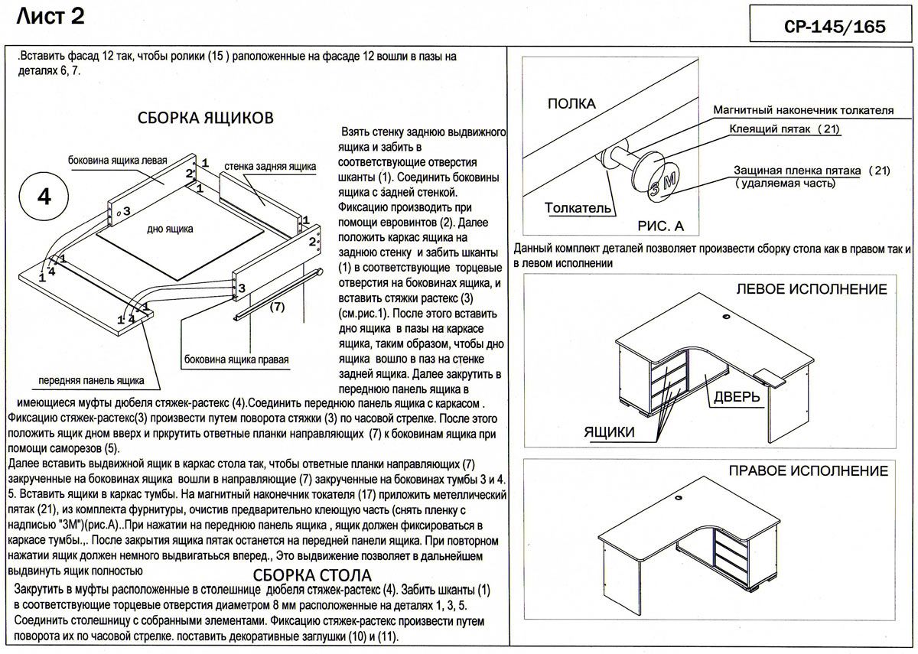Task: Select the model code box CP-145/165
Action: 829,26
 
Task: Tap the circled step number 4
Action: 44,197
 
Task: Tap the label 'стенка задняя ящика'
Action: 270,166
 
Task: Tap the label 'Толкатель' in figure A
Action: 578,208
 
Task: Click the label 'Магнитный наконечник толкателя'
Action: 803,110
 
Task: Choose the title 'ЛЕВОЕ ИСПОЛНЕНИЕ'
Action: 811,290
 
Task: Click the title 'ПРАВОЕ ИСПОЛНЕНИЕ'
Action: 809,470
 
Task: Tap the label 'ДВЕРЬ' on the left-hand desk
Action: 737,396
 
